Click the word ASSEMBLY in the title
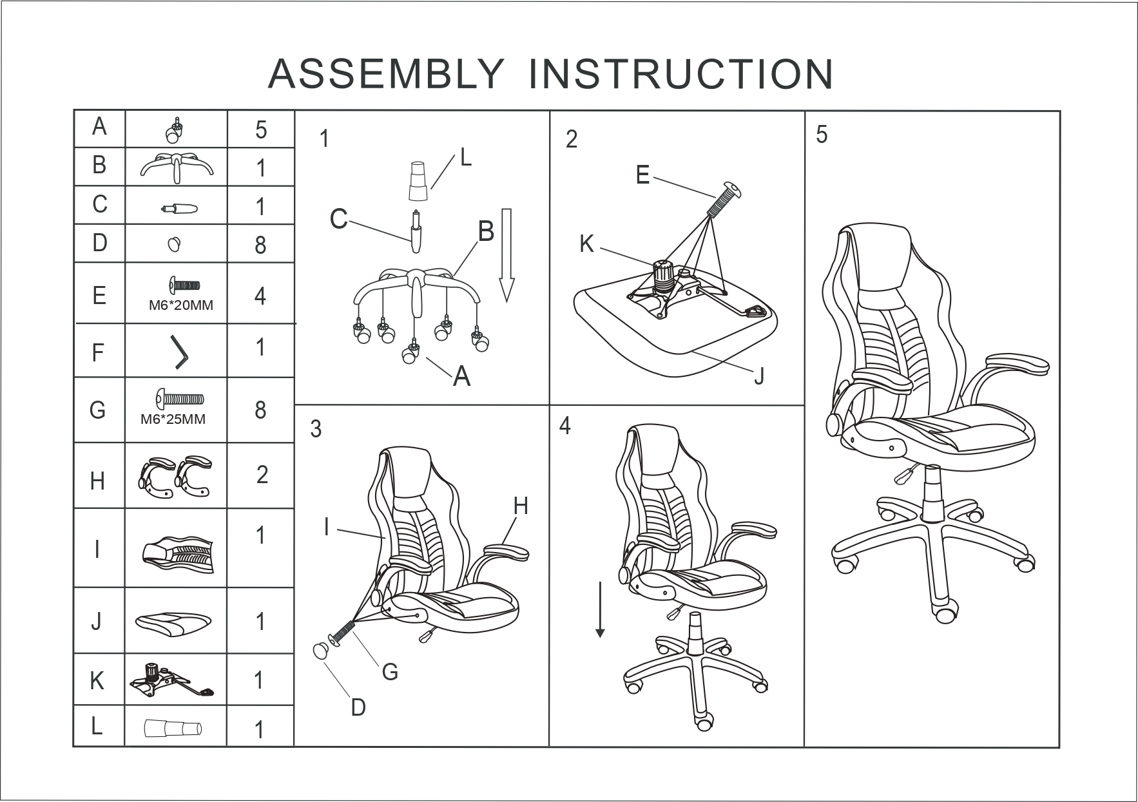click(x=385, y=74)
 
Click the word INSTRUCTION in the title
click(x=681, y=74)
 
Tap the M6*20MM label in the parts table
click(x=180, y=305)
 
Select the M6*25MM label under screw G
click(x=173, y=419)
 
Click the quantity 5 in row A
click(x=260, y=130)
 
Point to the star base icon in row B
click(x=177, y=167)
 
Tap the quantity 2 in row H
click(x=262, y=475)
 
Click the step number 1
click(x=325, y=138)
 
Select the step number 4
click(x=565, y=426)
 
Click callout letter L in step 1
click(x=466, y=158)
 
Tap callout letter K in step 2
click(x=586, y=244)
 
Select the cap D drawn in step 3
click(x=320, y=651)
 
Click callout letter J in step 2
click(x=759, y=376)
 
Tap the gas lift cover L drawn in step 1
click(x=417, y=181)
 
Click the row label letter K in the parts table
click(x=97, y=680)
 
